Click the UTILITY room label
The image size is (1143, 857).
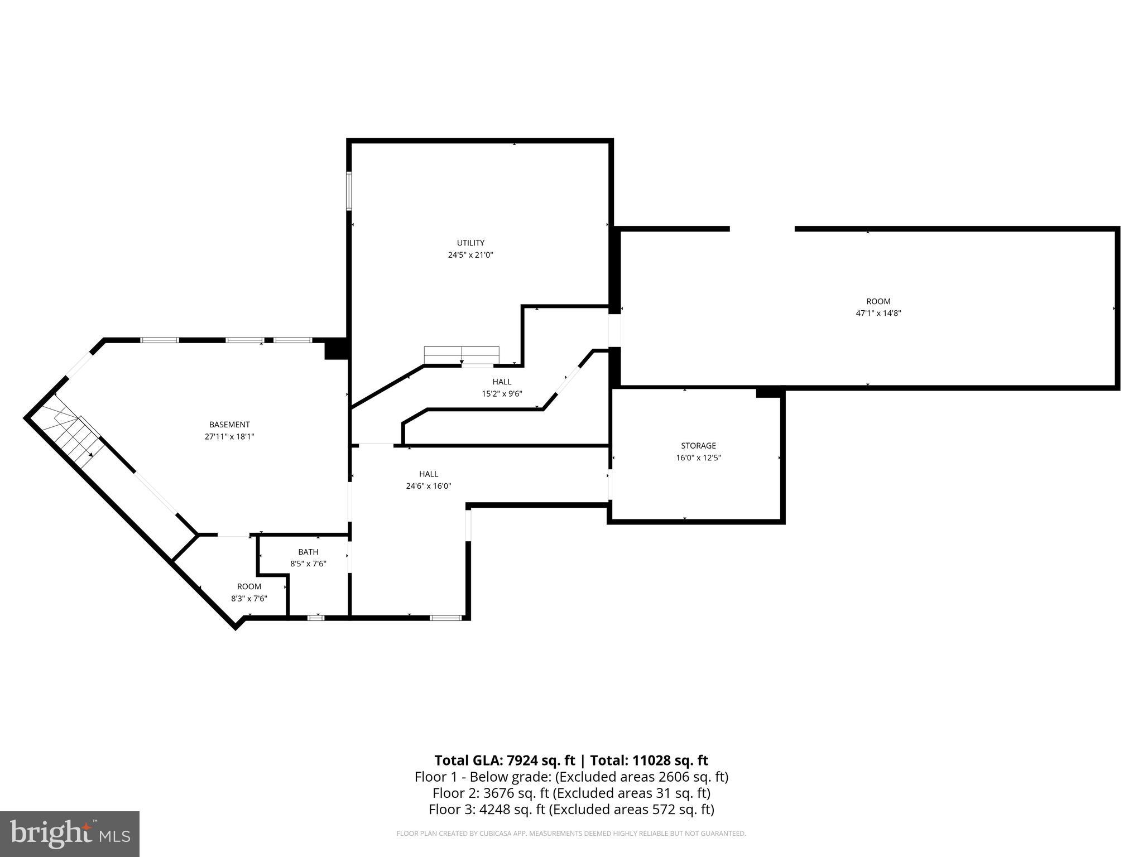pos(470,243)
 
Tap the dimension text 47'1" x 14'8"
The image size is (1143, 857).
pos(878,314)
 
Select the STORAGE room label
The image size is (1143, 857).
pos(698,446)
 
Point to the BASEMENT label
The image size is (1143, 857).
pos(229,425)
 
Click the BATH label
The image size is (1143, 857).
pos(308,552)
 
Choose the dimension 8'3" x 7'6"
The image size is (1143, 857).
pos(249,599)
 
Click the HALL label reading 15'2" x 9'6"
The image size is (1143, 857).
pos(502,382)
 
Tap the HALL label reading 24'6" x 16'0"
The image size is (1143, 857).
pos(429,474)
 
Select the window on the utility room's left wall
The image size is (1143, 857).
pos(349,191)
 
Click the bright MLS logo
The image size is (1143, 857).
pos(70,834)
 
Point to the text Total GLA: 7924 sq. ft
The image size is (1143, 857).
pos(505,760)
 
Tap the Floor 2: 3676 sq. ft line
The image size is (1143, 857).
pos(571,793)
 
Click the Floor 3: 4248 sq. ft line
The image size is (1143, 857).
pos(571,810)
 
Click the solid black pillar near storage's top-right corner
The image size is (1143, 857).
pos(768,393)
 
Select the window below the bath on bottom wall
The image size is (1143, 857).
pos(316,618)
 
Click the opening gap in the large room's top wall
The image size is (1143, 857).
pos(762,229)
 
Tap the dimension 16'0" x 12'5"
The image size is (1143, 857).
pos(698,458)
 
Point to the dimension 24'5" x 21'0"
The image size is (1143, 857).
pos(470,255)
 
